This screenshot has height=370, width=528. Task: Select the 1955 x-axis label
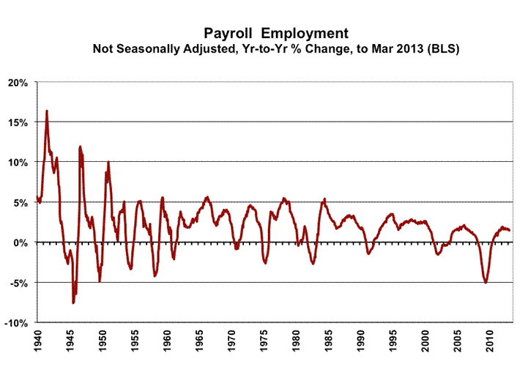(135, 342)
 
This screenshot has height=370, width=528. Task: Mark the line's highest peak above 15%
(47, 111)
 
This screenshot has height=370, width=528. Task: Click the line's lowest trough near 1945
(73, 302)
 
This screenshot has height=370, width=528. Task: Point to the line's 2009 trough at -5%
(486, 282)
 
